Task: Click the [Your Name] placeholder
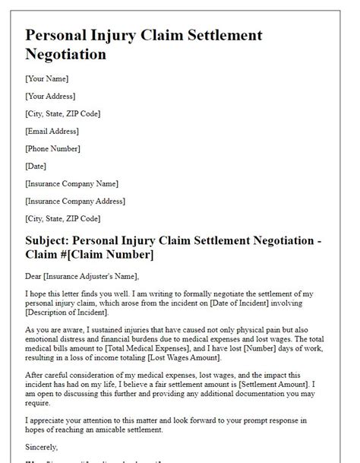coord(47,79)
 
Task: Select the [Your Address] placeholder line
coord(50,97)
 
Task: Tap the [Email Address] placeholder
coord(52,132)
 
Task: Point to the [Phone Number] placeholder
coord(53,149)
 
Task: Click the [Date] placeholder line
coord(36,166)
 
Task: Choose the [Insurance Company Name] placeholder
coord(71,184)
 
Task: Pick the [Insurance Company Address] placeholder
coord(75,201)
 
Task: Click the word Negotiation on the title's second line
coord(66,55)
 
